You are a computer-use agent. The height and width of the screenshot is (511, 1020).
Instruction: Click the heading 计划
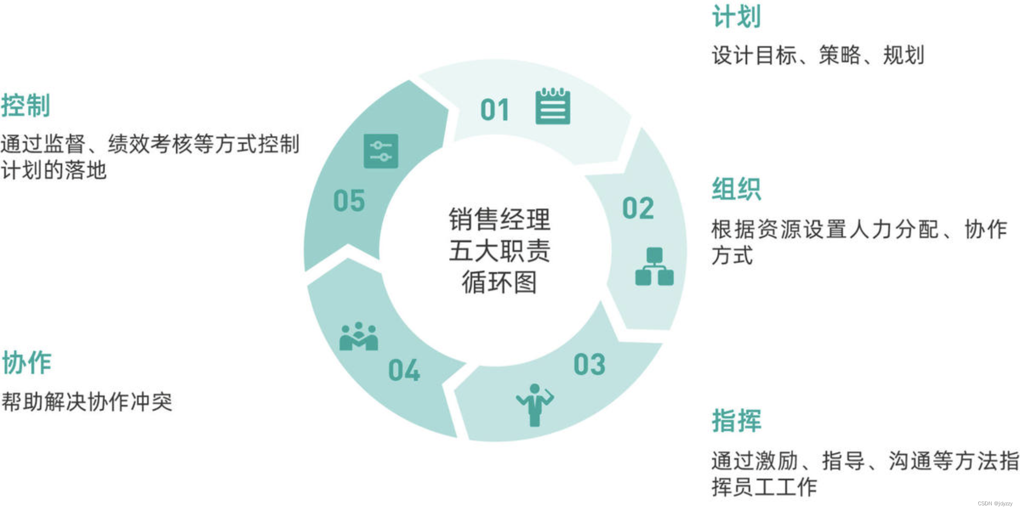pos(736,17)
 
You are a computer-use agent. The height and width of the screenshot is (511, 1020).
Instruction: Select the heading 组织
pos(736,189)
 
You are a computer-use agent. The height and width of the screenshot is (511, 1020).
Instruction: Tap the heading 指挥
pos(736,420)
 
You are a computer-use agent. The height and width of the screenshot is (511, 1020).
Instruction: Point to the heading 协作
pos(26,363)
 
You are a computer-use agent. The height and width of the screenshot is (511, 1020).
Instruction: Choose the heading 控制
pos(26,105)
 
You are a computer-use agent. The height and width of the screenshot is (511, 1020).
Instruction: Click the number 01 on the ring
pos(494,110)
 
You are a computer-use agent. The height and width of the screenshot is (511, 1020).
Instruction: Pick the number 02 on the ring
pos(638,208)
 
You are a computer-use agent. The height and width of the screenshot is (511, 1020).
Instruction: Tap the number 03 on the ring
pos(589,365)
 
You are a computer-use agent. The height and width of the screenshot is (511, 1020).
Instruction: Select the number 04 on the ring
pos(404,370)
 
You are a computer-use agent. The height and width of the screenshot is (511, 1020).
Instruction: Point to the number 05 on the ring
pos(349,201)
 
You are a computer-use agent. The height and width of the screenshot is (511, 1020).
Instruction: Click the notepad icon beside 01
pos(553,106)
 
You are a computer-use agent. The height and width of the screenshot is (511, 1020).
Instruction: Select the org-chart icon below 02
pos(654,267)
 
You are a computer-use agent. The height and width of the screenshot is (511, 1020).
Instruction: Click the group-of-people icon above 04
pos(359,337)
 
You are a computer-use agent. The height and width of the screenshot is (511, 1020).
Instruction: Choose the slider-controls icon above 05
pos(380,151)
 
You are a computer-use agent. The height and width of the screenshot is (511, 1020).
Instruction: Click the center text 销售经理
pos(499,219)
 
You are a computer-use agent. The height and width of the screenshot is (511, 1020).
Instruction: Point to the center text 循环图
pos(499,282)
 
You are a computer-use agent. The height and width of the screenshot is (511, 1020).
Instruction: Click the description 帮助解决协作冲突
pos(87,402)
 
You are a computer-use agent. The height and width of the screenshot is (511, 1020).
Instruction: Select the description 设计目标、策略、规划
pos(818,55)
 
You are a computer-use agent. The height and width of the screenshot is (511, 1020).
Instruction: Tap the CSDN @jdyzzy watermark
pos(995,503)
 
